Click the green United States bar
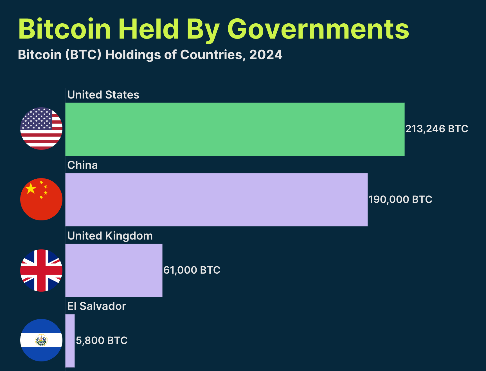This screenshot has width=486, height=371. pos(235,129)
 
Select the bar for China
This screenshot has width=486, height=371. pos(216,200)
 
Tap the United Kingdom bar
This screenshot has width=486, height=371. pos(114,270)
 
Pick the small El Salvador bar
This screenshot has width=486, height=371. pos(70,341)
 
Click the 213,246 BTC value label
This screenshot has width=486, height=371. pos(436,129)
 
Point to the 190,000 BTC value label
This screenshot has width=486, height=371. pos(400,200)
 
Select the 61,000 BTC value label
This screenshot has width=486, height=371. pos(192,270)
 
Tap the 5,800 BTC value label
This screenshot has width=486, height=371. pos(102,341)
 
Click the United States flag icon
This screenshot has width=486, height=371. pos(41,128)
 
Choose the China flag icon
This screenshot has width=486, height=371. pos(41,199)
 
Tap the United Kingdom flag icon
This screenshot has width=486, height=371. pos(41,270)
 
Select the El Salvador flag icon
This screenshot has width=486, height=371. pos(41,340)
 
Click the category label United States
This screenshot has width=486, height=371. pos(103,95)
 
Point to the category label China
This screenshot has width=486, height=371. pos(82,165)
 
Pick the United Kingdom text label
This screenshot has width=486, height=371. pos(110,236)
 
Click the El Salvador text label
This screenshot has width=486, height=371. pos(96,306)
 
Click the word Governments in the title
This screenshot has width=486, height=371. pos(318,29)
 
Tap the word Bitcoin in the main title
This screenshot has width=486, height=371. pos(65,29)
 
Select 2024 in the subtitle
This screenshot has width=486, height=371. pos(266,55)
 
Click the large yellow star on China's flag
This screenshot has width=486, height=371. pos(31,188)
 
